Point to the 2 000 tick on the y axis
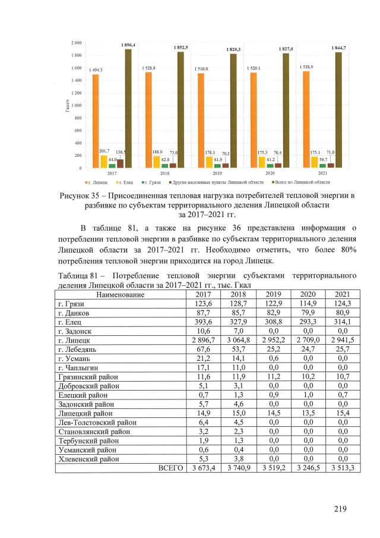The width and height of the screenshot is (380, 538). click(x=77, y=43)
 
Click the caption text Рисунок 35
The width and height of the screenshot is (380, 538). click(x=82, y=195)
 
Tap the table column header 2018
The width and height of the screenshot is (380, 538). click(x=238, y=294)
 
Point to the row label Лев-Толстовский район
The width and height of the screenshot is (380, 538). click(x=96, y=422)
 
